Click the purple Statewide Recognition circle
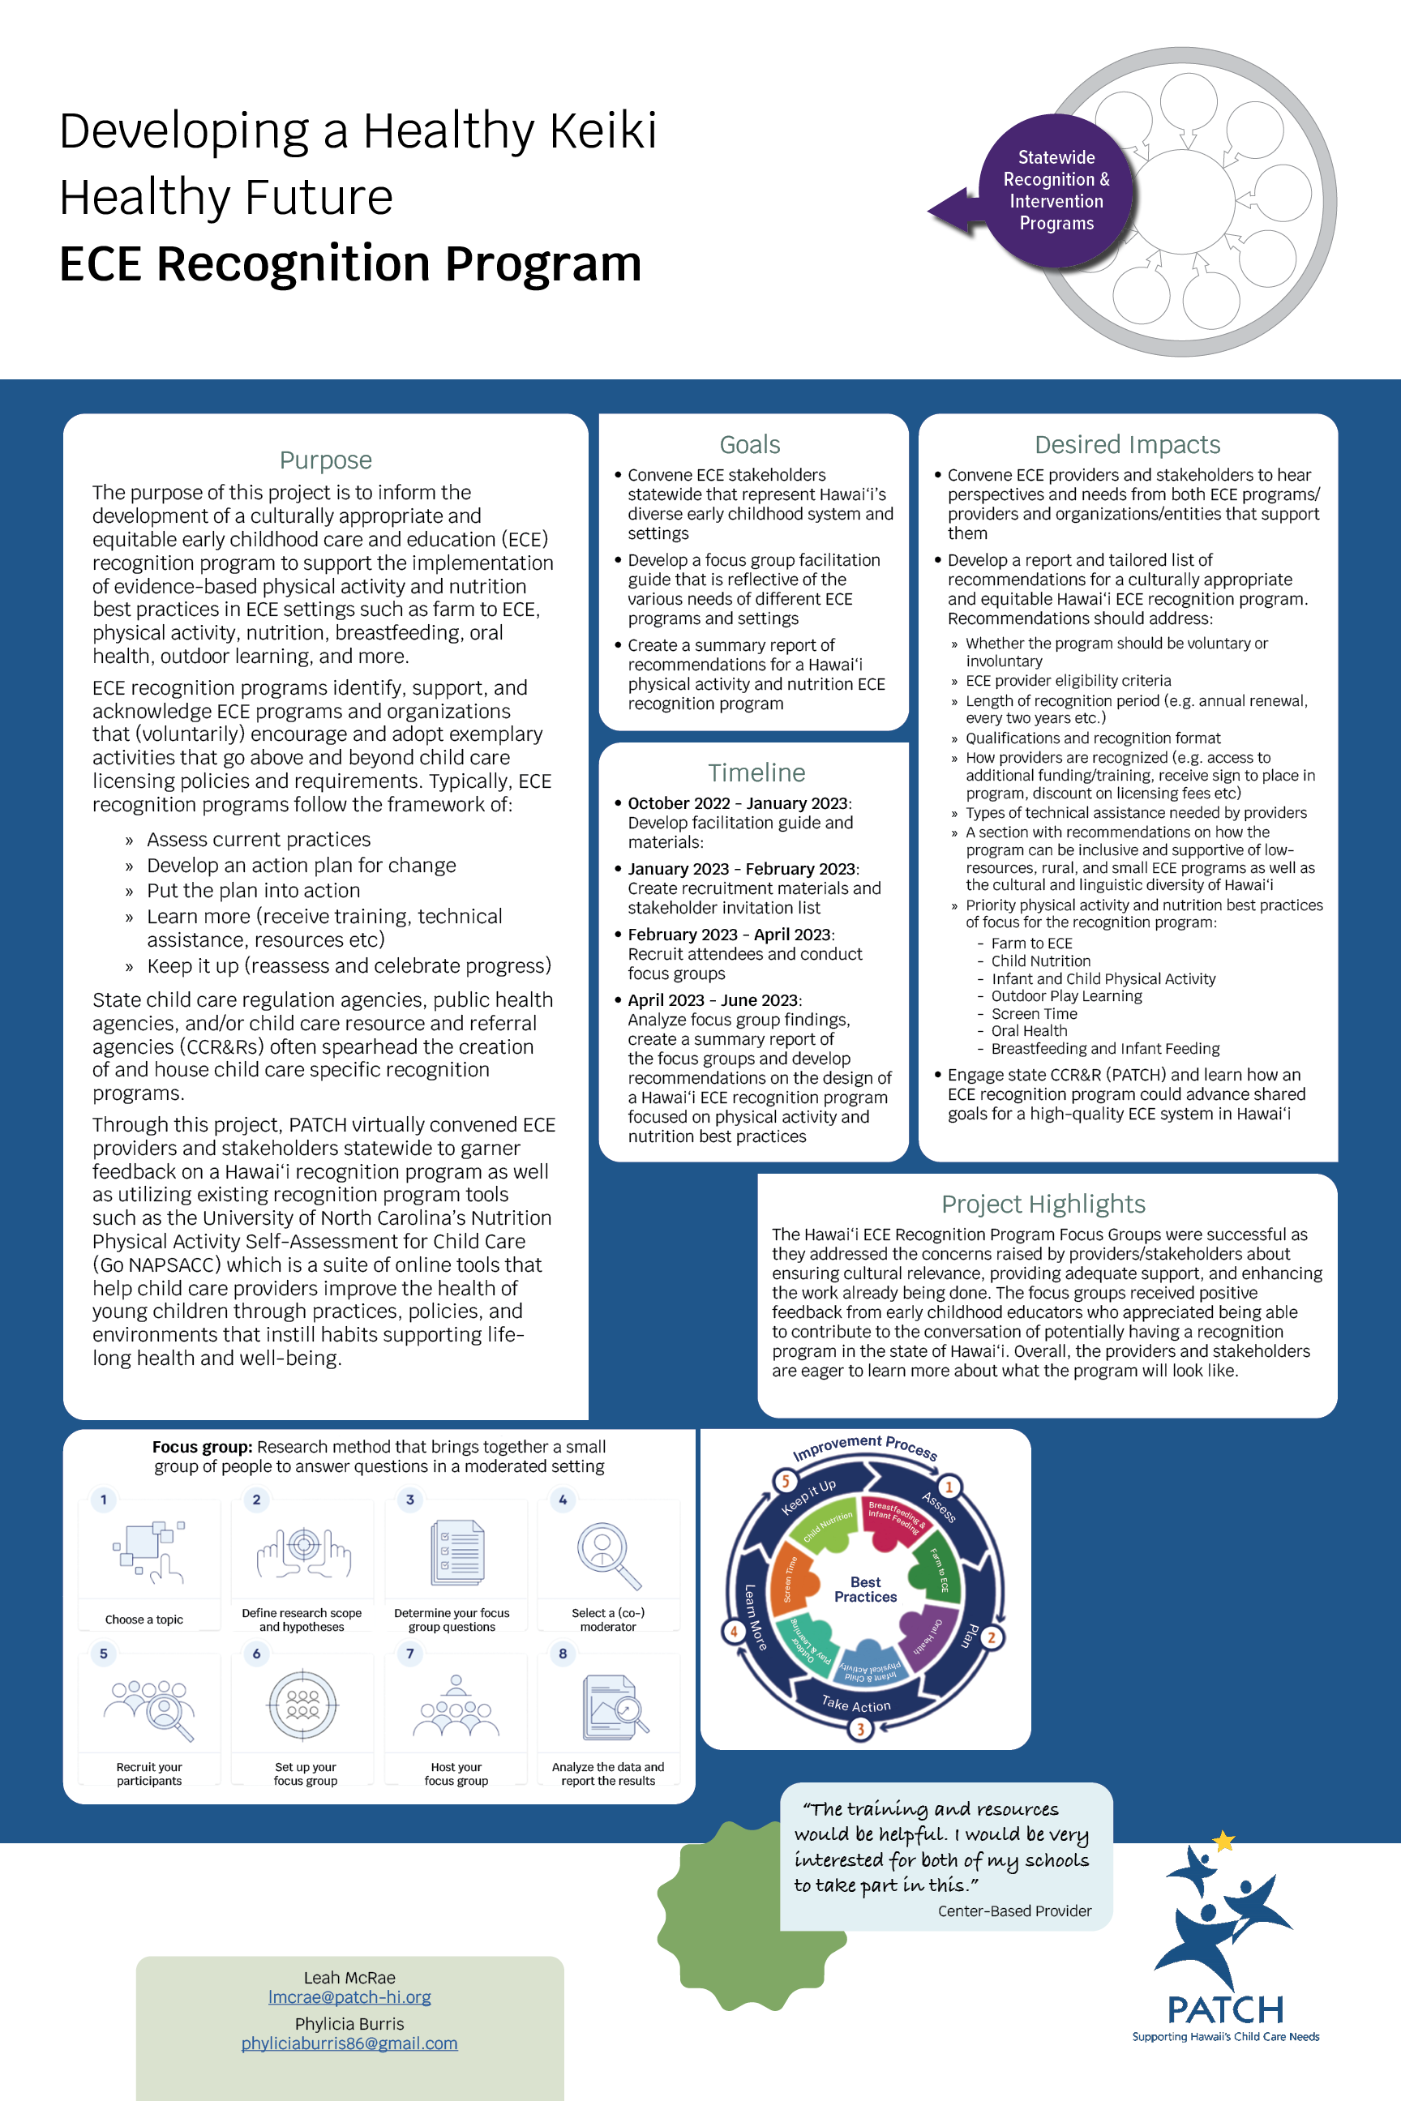click(x=1056, y=190)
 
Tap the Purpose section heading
click(x=325, y=460)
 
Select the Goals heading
click(x=750, y=445)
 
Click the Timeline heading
click(x=756, y=772)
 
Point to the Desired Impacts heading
click(x=1127, y=445)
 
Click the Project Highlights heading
click(x=1043, y=1205)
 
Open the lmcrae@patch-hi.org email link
click(x=349, y=1996)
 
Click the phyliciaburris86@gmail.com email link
click(x=349, y=2043)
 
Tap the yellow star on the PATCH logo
click(x=1223, y=1841)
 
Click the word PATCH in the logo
click(x=1225, y=2010)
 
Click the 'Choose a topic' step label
click(x=144, y=1620)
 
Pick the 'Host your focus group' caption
click(x=456, y=1774)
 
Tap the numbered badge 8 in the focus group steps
click(x=562, y=1654)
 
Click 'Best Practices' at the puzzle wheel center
click(x=865, y=1590)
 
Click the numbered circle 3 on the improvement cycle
click(x=860, y=1730)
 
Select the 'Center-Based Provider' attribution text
click(x=1014, y=1911)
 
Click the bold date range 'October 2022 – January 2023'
click(x=739, y=803)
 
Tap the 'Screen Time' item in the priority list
click(x=1034, y=1014)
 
